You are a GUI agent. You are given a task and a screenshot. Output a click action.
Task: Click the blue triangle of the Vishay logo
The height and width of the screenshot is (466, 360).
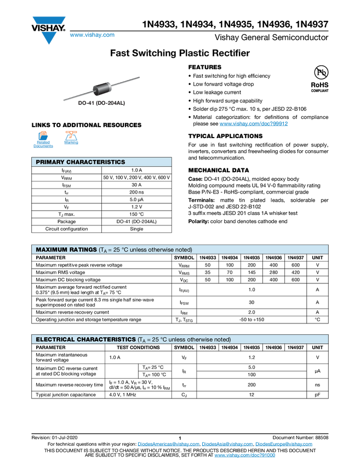(49, 38)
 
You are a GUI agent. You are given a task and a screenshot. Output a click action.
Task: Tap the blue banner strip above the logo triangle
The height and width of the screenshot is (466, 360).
(49, 20)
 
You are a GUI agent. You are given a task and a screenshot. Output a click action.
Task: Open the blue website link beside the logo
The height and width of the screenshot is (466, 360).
(92, 35)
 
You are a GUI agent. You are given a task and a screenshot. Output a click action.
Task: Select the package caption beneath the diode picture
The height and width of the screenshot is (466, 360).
(102, 103)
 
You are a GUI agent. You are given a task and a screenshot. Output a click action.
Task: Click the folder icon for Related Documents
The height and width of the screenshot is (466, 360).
(43, 135)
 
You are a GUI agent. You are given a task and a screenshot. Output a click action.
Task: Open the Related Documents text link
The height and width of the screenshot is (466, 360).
(43, 144)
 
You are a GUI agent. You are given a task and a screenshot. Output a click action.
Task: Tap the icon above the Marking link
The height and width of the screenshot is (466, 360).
(71, 135)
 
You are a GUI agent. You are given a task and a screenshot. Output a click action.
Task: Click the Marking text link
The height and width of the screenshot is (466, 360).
(71, 143)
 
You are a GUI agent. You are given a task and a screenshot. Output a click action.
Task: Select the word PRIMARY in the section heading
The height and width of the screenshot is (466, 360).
(50, 162)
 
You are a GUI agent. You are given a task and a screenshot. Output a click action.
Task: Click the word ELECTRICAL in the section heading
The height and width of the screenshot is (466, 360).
(55, 339)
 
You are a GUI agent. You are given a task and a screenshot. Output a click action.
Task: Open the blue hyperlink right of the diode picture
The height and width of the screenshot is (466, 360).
(254, 124)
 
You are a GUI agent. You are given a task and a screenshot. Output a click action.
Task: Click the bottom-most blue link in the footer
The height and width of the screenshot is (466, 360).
(244, 456)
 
